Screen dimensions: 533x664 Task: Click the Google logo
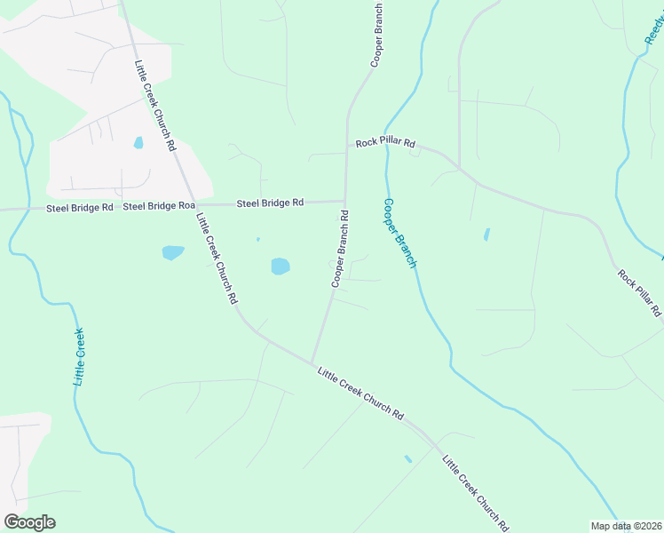(x=29, y=522)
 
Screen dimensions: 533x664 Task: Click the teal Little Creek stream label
(x=79, y=356)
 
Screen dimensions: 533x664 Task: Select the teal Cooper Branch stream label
(x=399, y=234)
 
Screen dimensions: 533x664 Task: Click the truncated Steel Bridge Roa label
(x=159, y=206)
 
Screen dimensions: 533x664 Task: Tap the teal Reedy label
(x=654, y=27)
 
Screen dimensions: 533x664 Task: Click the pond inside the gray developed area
(x=138, y=142)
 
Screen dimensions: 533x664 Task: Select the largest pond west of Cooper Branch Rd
(x=280, y=266)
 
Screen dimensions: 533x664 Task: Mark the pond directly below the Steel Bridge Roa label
(x=173, y=253)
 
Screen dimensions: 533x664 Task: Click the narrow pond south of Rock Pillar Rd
(x=486, y=235)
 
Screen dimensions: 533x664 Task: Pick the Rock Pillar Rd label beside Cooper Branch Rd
(x=385, y=142)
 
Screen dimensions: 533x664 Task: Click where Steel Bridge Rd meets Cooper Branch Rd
(x=344, y=202)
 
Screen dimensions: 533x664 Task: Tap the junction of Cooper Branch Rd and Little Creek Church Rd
(x=312, y=362)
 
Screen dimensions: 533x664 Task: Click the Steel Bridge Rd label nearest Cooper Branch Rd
(x=270, y=203)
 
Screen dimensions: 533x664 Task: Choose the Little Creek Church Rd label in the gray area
(x=154, y=104)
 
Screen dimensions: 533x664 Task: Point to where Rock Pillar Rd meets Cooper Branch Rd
(x=346, y=151)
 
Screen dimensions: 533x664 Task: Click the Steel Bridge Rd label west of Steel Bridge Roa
(x=80, y=207)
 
